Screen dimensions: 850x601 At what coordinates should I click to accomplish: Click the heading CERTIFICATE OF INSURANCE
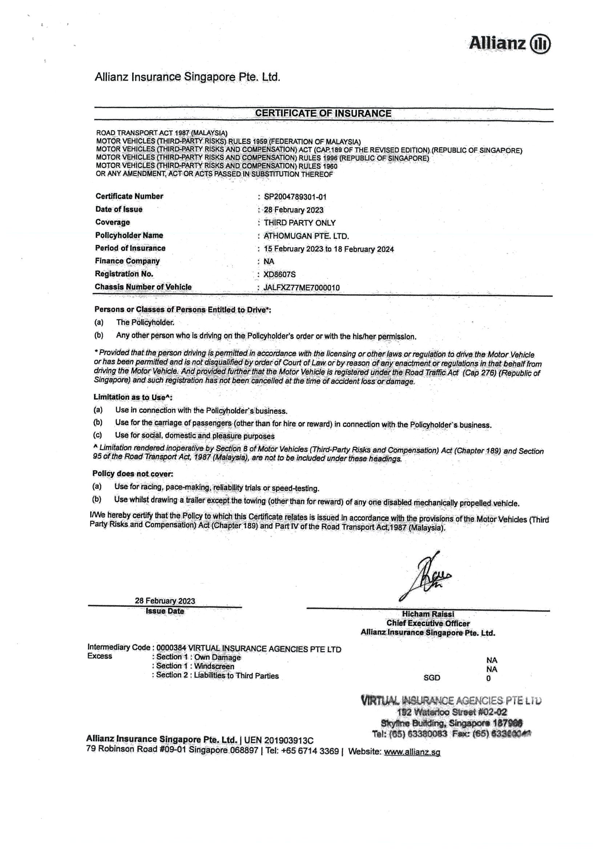point(323,113)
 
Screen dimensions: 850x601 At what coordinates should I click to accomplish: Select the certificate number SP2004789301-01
point(295,197)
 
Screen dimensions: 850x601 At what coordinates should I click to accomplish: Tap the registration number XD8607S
point(279,274)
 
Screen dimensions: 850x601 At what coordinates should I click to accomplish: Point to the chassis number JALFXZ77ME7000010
point(302,288)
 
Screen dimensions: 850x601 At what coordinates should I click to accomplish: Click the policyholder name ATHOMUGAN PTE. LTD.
point(306,236)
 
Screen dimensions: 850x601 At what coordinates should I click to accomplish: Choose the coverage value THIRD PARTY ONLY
point(299,223)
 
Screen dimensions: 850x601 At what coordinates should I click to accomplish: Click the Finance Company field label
point(127,261)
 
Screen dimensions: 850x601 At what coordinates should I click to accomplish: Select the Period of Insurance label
point(130,248)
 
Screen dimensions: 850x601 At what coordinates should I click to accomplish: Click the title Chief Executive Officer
point(428,623)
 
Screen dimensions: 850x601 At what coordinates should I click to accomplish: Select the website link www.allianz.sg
point(412,752)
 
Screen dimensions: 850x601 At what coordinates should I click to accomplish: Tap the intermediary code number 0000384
point(171,648)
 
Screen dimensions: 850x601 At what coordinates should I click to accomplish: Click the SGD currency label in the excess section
point(432,678)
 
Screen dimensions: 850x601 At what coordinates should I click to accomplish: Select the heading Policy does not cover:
point(133,474)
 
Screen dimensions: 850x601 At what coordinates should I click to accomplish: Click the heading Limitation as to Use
point(133,397)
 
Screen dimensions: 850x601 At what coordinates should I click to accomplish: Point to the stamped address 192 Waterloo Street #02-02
point(452,712)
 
